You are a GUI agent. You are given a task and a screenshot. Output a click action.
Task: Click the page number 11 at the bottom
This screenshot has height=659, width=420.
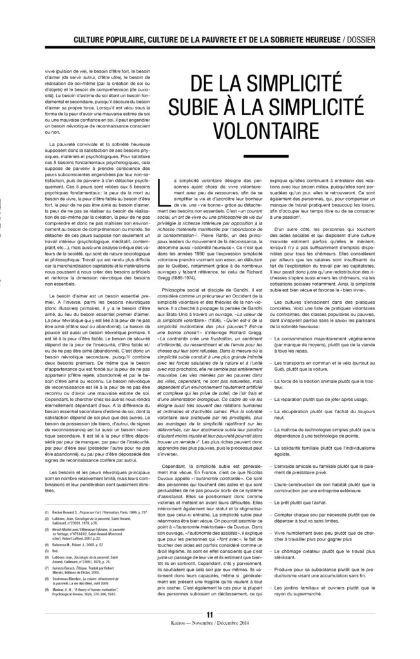[210, 633]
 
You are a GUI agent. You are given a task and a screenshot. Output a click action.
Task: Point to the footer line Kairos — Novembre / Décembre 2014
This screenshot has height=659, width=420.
[210, 642]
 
